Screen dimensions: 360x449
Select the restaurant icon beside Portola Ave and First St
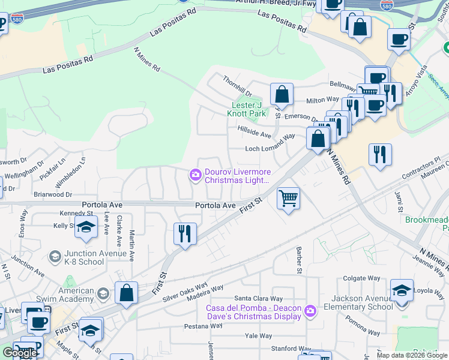coord(185,233)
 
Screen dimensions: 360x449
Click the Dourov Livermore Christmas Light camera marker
coord(196,175)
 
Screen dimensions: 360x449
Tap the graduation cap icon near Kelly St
coord(86,228)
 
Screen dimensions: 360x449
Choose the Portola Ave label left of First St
coord(215,205)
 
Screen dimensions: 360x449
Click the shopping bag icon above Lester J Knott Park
coord(282,94)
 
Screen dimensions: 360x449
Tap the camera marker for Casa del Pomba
coord(310,311)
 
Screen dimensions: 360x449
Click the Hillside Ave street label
coord(255,136)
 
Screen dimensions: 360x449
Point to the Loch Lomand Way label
coord(270,149)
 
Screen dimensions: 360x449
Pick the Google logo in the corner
coord(19,353)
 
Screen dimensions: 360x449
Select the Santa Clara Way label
coord(258,298)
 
